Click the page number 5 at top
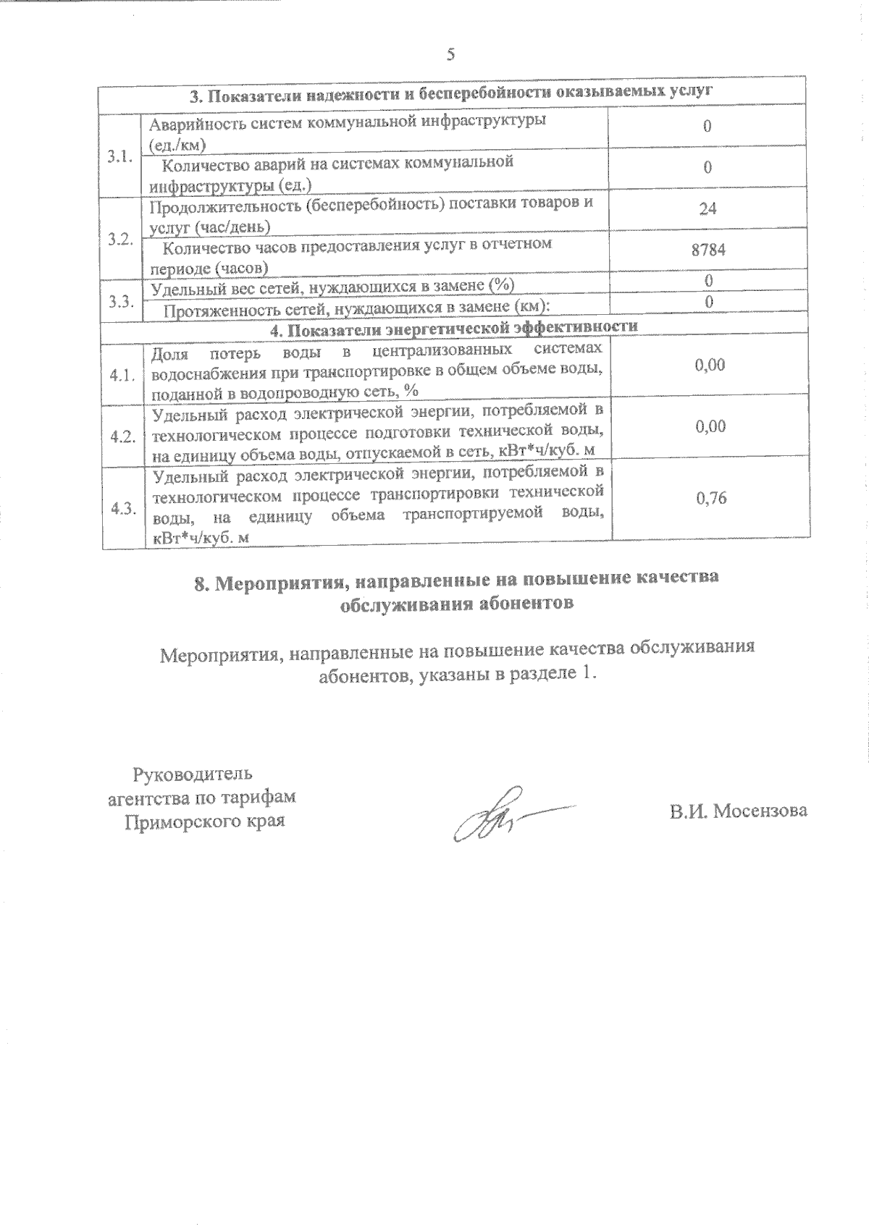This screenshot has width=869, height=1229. (450, 55)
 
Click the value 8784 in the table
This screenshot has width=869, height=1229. (708, 250)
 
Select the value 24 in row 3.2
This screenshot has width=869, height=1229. (708, 208)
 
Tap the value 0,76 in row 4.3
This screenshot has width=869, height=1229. (710, 498)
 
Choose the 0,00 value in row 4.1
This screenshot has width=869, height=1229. (710, 365)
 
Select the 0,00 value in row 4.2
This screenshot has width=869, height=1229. (710, 426)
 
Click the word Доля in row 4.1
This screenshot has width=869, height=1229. (169, 352)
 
